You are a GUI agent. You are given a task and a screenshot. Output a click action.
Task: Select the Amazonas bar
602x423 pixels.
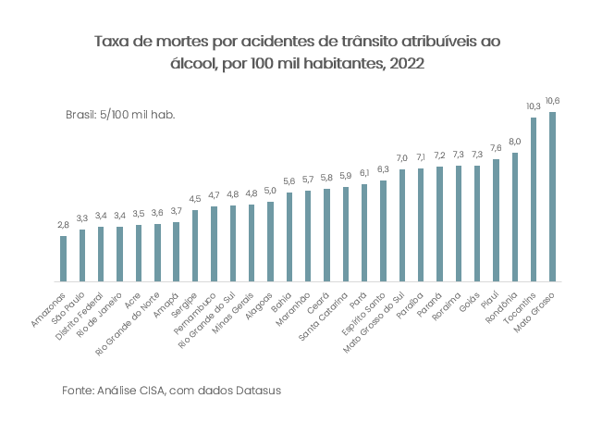(x=63, y=258)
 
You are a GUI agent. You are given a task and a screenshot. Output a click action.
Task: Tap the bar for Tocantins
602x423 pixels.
(x=534, y=199)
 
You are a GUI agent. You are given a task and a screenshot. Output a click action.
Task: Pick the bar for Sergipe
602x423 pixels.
(x=195, y=245)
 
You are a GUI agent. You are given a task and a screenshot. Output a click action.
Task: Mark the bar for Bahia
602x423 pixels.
(x=289, y=236)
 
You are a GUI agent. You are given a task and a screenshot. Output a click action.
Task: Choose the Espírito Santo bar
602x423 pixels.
(x=383, y=230)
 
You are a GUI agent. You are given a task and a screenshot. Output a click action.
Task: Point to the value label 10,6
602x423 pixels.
(x=553, y=101)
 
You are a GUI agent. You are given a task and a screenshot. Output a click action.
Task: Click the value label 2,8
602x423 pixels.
(x=63, y=225)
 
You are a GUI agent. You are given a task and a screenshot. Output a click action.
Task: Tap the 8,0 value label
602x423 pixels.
(x=515, y=142)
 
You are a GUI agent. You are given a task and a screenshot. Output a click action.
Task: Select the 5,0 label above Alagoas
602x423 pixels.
(x=270, y=191)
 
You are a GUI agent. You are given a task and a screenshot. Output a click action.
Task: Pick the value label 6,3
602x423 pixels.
(x=383, y=169)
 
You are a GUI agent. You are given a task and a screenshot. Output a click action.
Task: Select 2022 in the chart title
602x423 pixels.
(x=409, y=64)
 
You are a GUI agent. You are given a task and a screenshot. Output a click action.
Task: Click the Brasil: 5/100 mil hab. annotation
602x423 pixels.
(x=120, y=114)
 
